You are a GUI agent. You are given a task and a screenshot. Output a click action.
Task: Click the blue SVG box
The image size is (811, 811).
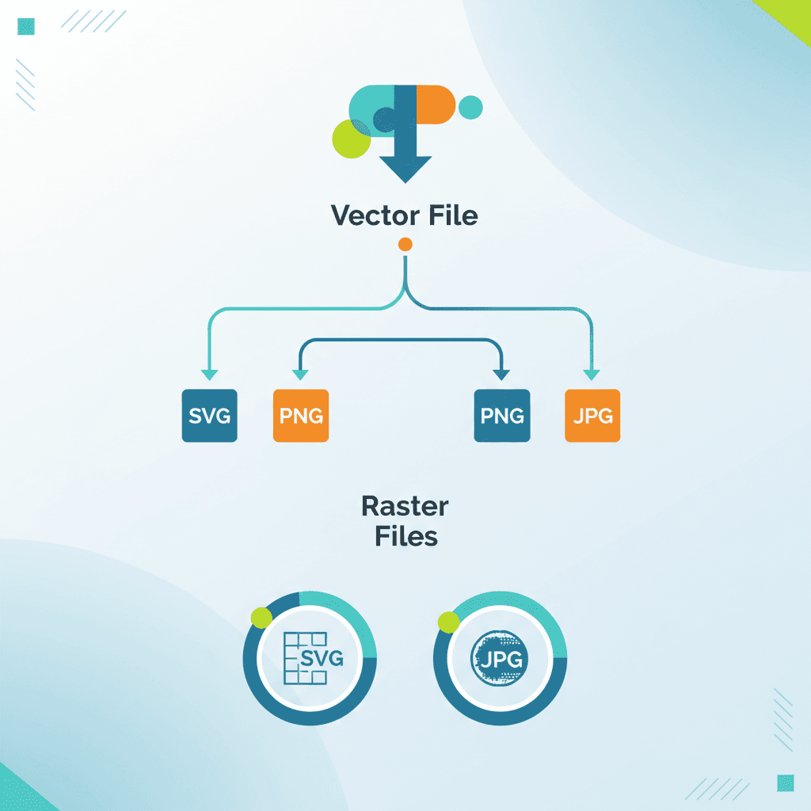click(209, 415)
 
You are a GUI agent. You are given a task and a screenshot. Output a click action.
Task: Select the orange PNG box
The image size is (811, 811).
click(300, 415)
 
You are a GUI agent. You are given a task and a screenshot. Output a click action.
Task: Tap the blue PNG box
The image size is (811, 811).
click(501, 415)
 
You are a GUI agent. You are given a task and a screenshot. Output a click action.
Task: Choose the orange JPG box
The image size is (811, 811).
click(592, 415)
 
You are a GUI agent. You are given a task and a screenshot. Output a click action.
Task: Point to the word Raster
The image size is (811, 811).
click(405, 506)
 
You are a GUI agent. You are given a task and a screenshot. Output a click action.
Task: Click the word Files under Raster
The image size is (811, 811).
click(405, 536)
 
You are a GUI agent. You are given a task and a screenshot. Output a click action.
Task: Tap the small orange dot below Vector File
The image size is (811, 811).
click(405, 244)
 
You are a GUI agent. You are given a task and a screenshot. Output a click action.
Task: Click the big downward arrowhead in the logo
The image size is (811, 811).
click(405, 168)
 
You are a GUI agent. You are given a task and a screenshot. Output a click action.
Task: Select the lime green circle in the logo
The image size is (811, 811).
click(351, 139)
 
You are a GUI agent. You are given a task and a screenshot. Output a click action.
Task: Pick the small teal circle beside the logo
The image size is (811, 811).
click(470, 107)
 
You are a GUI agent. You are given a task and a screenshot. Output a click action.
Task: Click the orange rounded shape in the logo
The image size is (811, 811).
click(436, 105)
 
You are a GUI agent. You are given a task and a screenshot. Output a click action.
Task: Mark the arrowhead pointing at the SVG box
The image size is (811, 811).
click(209, 375)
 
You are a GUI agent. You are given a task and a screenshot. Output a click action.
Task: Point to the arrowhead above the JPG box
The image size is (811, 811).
click(590, 375)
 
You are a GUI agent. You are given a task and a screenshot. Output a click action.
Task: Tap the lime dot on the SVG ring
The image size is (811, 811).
click(261, 618)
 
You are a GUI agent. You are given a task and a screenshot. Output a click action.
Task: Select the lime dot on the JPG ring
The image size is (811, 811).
click(448, 623)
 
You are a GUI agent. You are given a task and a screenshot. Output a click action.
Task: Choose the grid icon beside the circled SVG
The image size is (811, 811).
click(297, 658)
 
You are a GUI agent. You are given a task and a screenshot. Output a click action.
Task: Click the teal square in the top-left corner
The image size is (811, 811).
click(26, 26)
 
